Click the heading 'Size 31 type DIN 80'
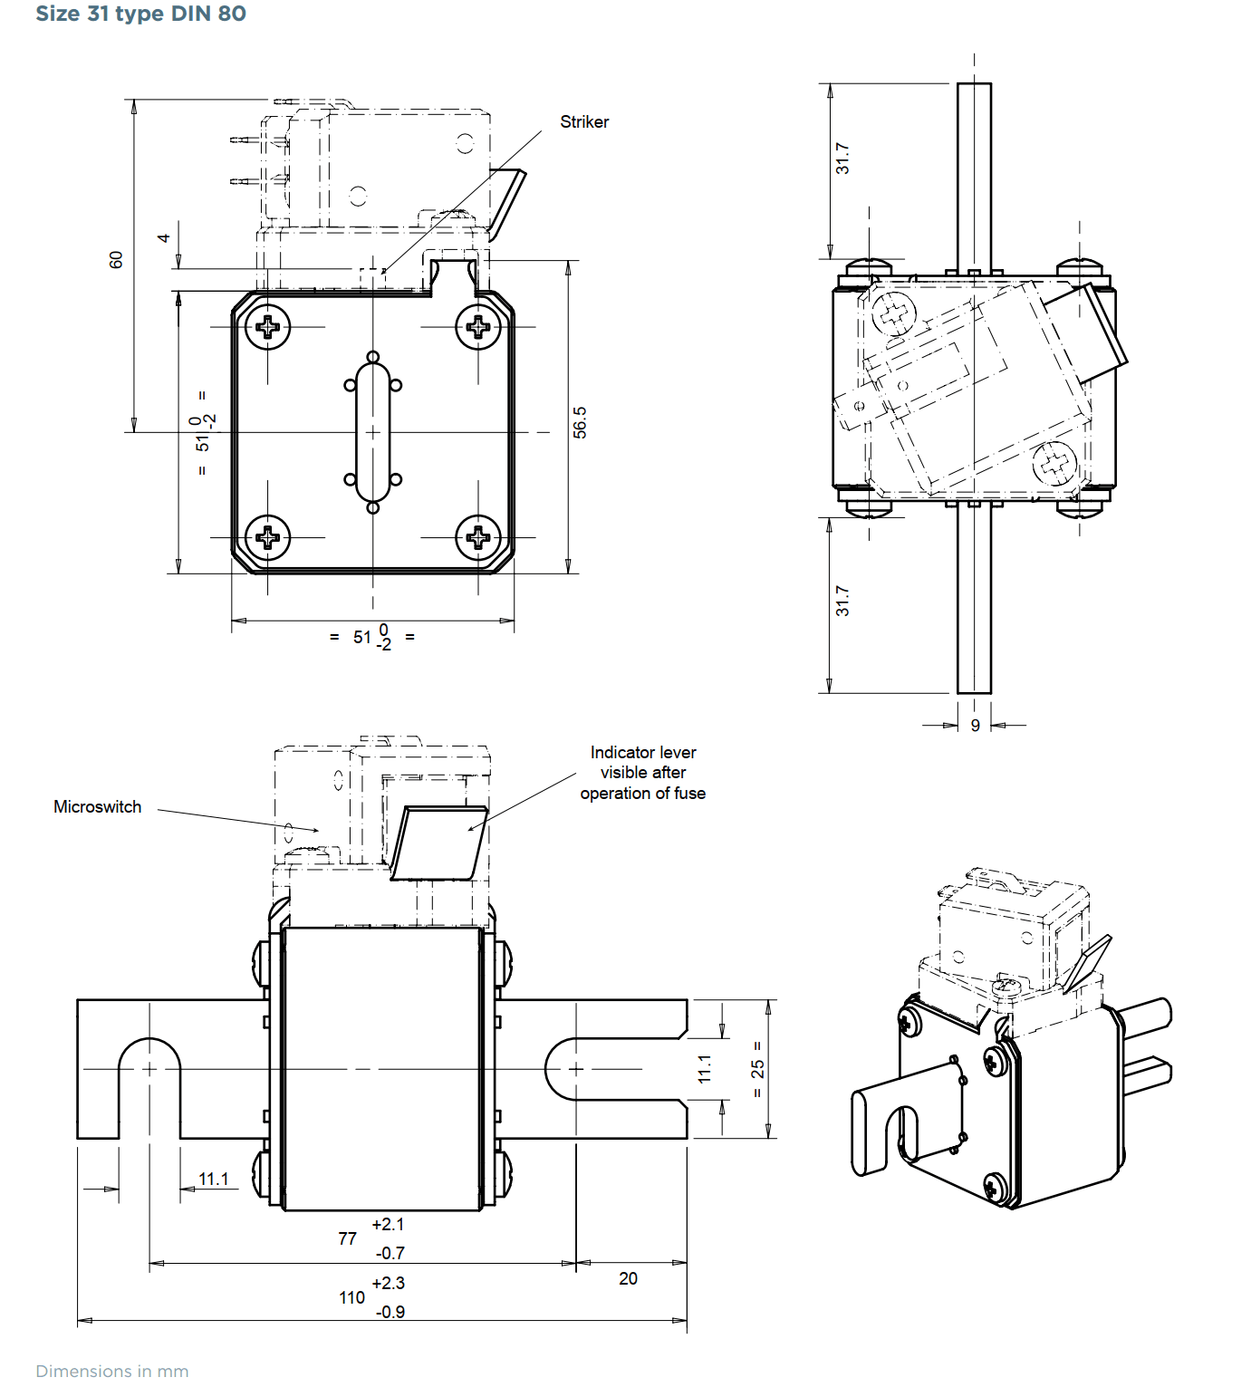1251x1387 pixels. click(140, 14)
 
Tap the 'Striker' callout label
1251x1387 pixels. click(584, 121)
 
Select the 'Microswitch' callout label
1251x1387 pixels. click(98, 806)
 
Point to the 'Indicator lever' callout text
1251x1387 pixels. click(643, 752)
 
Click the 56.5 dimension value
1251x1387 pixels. click(580, 422)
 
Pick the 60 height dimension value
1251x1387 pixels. click(115, 260)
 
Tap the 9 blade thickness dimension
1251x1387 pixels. click(975, 726)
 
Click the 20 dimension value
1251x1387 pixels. click(628, 1278)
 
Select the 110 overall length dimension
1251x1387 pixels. click(352, 1298)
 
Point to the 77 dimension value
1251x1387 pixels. click(347, 1238)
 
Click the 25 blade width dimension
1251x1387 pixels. click(758, 1069)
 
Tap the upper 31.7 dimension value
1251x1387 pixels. click(842, 159)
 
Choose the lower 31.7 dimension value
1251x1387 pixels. click(842, 601)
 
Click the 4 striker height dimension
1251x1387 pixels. click(163, 238)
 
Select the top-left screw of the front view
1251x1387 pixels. click(267, 326)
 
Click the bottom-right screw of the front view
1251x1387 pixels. click(478, 537)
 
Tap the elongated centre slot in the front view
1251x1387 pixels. click(372, 433)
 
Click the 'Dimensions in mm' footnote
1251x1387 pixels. click(112, 1371)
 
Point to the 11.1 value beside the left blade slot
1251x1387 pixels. click(213, 1179)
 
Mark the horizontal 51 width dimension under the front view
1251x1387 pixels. click(372, 637)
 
